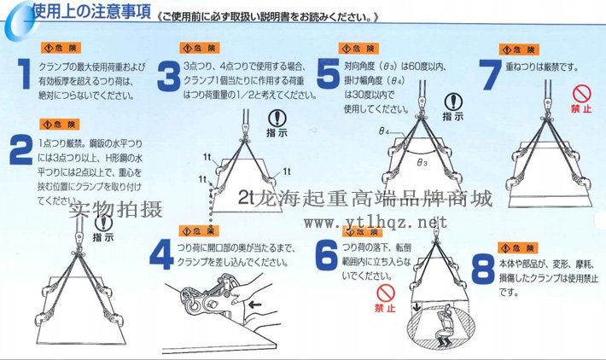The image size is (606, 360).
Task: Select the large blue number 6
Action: [325, 253]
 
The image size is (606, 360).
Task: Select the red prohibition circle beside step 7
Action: [581, 92]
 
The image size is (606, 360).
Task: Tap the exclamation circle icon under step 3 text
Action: [277, 119]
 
